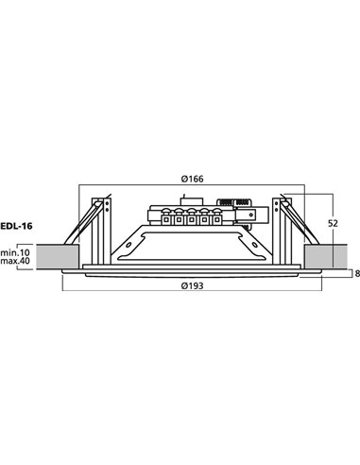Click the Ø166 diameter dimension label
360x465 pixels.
[194, 180]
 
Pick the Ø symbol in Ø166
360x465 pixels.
[182, 180]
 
